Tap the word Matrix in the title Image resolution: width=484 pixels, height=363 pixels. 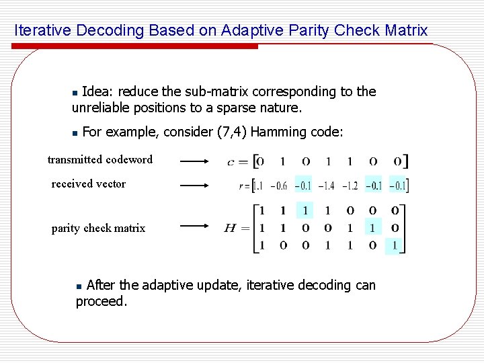406,31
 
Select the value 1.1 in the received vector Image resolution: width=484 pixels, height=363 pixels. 257,186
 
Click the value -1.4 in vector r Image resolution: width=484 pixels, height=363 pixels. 326,186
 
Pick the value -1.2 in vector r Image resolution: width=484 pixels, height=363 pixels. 350,186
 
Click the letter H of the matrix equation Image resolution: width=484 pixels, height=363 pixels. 230,229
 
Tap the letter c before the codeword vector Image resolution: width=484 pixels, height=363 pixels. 231,161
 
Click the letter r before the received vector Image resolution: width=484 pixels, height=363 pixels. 241,186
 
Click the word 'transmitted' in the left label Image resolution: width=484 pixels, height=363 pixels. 75,160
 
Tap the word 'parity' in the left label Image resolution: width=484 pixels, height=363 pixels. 67,229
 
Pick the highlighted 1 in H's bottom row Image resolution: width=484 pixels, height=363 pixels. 395,245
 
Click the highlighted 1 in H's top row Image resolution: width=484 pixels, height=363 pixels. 305,211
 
